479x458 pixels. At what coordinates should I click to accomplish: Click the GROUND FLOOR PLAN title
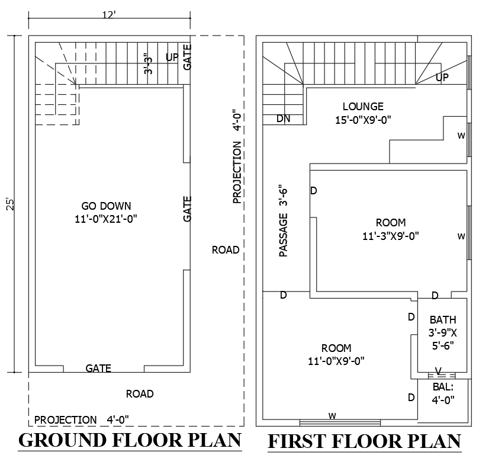(x=130, y=441)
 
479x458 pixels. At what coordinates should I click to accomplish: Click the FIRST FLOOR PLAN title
(x=364, y=442)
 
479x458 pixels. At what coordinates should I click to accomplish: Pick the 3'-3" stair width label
(x=149, y=64)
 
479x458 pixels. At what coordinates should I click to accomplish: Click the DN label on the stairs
(x=284, y=118)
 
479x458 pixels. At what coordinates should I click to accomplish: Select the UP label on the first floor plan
(x=442, y=78)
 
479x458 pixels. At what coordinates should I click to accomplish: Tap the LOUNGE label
(x=363, y=107)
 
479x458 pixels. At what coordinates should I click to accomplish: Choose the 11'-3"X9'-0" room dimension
(x=391, y=235)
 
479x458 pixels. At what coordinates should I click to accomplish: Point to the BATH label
(x=443, y=319)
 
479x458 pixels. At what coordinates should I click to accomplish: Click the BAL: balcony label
(x=442, y=387)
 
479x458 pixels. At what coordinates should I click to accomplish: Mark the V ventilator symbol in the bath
(x=438, y=371)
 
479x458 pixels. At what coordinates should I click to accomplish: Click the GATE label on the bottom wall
(x=98, y=368)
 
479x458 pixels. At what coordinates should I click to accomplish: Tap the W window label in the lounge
(x=461, y=135)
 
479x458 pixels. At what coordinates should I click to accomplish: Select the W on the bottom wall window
(x=332, y=416)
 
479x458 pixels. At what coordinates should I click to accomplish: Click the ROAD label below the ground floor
(x=140, y=394)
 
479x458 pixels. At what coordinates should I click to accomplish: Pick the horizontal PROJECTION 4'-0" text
(x=82, y=419)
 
